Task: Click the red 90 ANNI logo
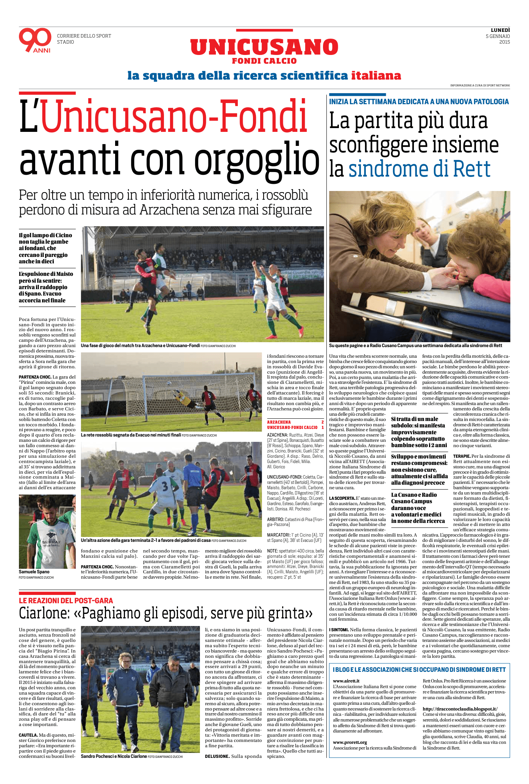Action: click(x=35, y=40)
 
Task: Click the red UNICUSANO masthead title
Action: click(x=264, y=47)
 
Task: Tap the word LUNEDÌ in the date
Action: click(x=500, y=30)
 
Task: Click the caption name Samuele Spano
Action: click(x=34, y=571)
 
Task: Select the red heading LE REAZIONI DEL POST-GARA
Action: click(x=66, y=601)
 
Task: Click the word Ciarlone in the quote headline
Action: click(x=44, y=613)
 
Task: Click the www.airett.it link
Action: click(x=346, y=681)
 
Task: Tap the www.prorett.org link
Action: click(x=350, y=742)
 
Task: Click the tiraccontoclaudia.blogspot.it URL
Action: click(x=460, y=709)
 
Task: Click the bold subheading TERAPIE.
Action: click(x=462, y=456)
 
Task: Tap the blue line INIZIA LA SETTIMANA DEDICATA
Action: click(x=419, y=102)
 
